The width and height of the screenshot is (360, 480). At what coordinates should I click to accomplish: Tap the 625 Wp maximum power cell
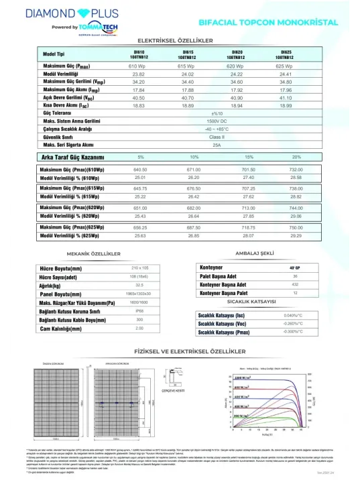pos(283,67)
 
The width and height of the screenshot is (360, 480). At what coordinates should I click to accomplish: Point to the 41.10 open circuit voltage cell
pos(283,97)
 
